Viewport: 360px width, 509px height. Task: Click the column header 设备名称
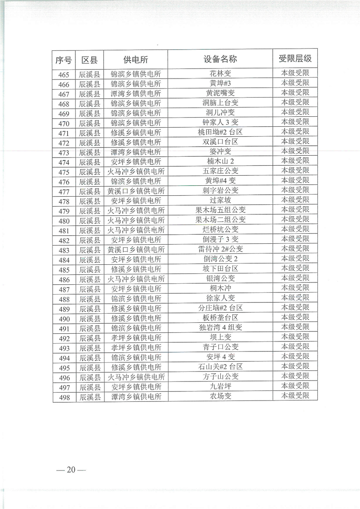[x=220, y=59]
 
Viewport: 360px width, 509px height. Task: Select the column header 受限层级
[x=295, y=59]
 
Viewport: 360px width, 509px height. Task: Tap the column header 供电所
[x=136, y=59]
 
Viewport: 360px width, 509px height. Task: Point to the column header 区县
[x=90, y=59]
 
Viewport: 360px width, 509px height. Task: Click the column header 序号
[x=64, y=59]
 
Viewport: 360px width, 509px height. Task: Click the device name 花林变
[x=220, y=74]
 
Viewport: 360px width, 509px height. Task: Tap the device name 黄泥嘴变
[x=220, y=93]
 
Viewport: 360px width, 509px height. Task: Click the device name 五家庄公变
[x=220, y=171]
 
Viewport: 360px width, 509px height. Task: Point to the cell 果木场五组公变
[x=220, y=210]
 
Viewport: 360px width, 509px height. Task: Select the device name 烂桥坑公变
[x=220, y=230]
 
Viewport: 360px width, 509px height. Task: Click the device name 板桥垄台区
[x=220, y=318]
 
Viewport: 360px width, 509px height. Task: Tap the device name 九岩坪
[x=220, y=386]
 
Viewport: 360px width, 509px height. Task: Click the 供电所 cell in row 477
[x=136, y=191]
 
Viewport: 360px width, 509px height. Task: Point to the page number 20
[x=70, y=469]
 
